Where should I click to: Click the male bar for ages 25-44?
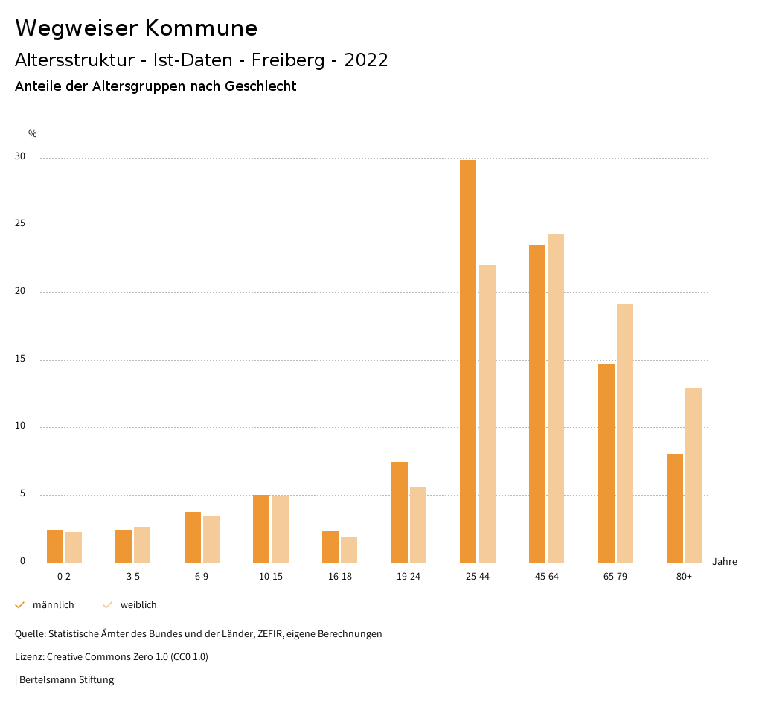click(x=468, y=362)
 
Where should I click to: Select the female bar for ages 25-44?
click(x=487, y=414)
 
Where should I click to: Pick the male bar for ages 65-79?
click(x=606, y=463)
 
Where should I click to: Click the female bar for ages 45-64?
click(x=556, y=399)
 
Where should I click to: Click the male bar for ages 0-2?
click(x=55, y=546)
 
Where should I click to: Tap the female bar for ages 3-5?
click(x=142, y=545)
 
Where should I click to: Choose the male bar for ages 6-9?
click(x=193, y=537)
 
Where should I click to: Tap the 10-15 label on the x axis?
click(x=271, y=577)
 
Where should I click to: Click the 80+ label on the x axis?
click(x=684, y=577)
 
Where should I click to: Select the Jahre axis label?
click(x=725, y=562)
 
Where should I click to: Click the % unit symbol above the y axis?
click(x=33, y=134)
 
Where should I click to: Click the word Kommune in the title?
click(x=201, y=28)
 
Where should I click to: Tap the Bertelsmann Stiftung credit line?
click(x=65, y=679)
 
